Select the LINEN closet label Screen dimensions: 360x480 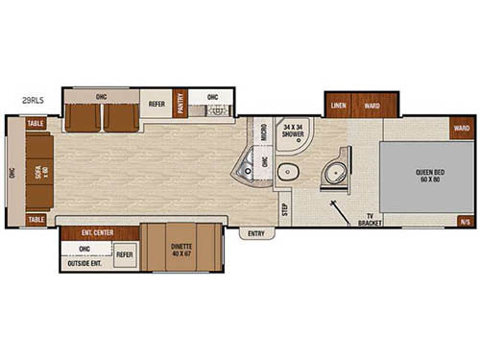(339, 105)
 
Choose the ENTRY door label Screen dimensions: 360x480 (255, 232)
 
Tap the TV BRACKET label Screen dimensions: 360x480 (368, 218)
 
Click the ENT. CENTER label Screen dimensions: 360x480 (99, 231)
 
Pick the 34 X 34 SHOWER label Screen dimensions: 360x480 (293, 132)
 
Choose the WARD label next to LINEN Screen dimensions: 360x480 (370, 105)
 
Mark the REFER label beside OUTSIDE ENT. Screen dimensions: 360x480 (125, 254)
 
